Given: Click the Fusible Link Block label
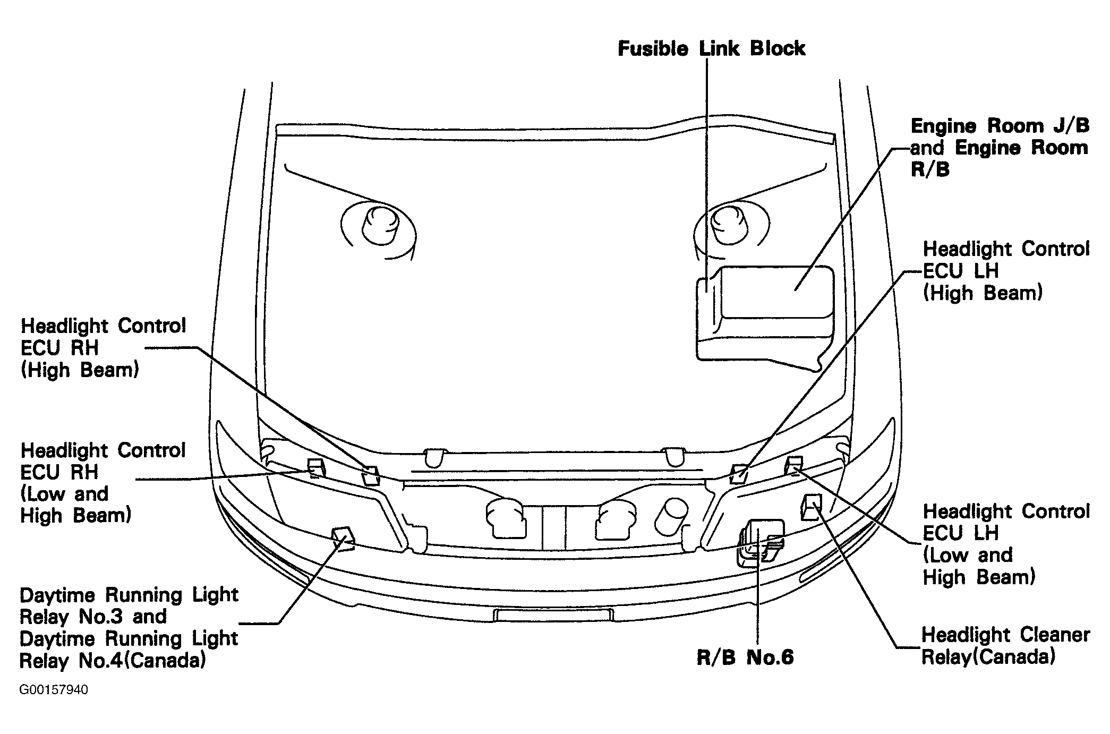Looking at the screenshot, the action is [711, 48].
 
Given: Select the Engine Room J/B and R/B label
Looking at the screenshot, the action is [1000, 148].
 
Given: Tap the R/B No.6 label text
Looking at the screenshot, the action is [745, 658].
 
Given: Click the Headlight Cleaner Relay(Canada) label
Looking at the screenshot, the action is [1005, 646].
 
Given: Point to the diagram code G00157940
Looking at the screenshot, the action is [54, 690].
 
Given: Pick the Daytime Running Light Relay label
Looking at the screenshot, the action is [129, 628].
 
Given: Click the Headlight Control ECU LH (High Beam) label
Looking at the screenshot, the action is [1006, 271].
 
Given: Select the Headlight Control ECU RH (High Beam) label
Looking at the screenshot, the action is [104, 348].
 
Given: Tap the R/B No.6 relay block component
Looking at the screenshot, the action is [760, 542].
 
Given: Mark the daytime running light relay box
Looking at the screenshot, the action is [343, 537].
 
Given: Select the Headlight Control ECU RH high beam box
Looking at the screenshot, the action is [371, 475].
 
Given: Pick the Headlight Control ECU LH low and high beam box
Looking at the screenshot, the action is [793, 465].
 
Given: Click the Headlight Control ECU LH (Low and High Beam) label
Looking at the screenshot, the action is [1006, 544].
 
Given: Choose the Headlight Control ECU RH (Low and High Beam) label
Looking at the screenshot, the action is [103, 483].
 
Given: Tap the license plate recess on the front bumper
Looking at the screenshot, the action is [553, 615].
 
